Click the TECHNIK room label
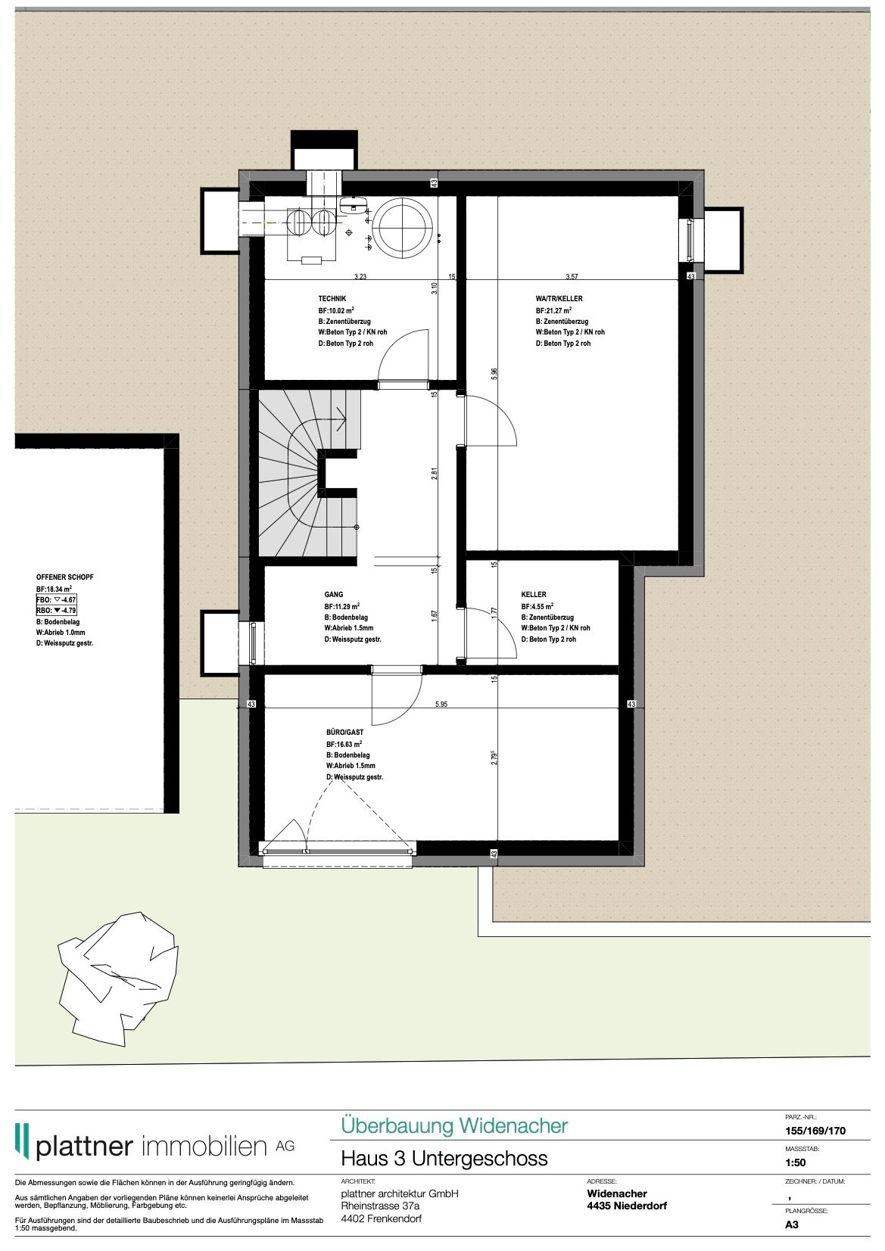click(x=332, y=299)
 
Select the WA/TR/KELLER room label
click(x=559, y=299)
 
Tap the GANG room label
click(x=334, y=595)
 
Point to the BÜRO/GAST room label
click(x=344, y=733)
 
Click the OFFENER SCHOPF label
click(x=65, y=577)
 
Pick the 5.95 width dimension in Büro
click(x=441, y=705)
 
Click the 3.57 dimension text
click(x=572, y=277)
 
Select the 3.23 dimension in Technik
click(x=360, y=277)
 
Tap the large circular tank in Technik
click(x=405, y=225)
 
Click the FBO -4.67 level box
click(x=57, y=599)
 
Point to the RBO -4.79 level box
click(x=57, y=610)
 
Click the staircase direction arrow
click(x=338, y=417)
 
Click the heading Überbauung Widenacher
click(x=453, y=1125)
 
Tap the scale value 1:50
click(x=795, y=1162)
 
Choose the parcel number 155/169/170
click(x=815, y=1131)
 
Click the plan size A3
click(x=792, y=1225)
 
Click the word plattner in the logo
click(x=84, y=1147)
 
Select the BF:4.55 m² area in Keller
click(x=537, y=607)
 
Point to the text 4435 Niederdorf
click(x=627, y=1206)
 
